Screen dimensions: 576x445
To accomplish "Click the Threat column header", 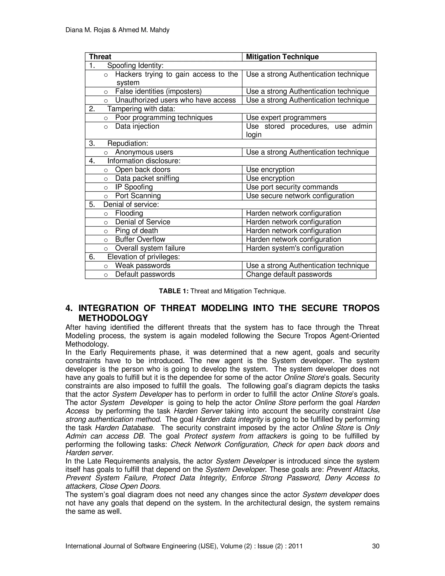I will (x=100, y=57).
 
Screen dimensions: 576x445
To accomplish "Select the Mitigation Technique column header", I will (x=282, y=57).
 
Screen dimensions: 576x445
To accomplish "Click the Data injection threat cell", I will (x=137, y=126).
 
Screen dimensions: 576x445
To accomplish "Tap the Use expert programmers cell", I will (x=286, y=118).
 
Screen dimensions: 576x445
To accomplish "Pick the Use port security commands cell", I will (x=292, y=187).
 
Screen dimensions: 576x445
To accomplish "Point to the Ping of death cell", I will (x=136, y=231).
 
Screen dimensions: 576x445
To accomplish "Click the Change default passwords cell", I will (x=289, y=274).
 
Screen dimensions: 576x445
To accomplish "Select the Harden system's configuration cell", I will (x=295, y=248).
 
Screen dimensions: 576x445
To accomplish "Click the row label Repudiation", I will (x=128, y=143).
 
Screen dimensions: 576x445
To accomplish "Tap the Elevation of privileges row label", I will (x=143, y=257).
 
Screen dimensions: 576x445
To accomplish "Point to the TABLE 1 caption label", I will (x=173, y=291).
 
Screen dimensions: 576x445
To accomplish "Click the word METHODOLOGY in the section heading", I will (x=113, y=318).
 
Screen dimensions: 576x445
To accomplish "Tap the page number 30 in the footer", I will (x=375, y=546).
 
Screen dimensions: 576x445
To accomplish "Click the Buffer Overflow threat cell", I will (x=140, y=240).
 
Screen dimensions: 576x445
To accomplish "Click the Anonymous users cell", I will (x=144, y=152).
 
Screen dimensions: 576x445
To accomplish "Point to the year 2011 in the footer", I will (x=295, y=546).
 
